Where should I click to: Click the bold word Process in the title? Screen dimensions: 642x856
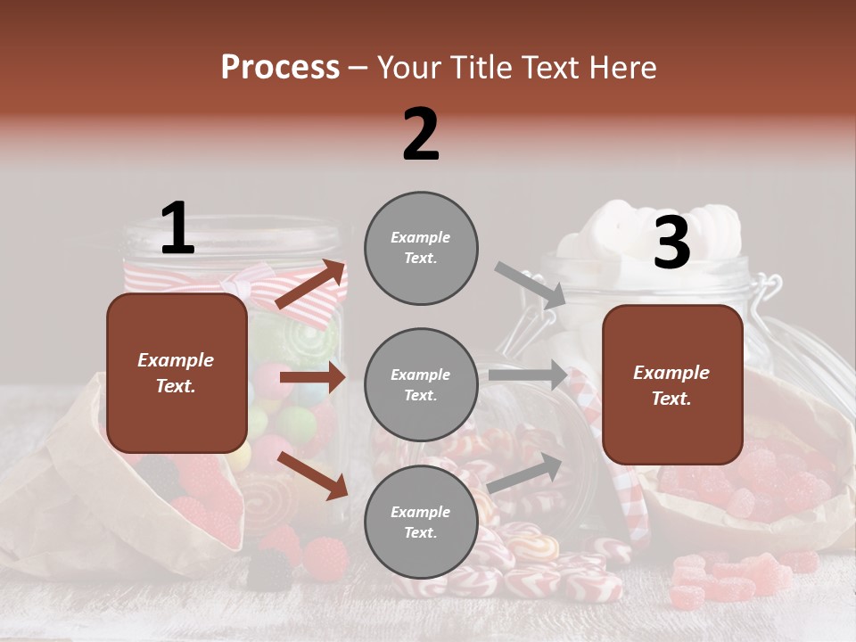280,68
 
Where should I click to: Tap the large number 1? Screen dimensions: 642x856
177,228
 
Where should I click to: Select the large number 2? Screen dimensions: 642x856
421,134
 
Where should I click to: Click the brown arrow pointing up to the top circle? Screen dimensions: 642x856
311,284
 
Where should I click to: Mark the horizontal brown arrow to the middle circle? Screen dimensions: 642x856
312,377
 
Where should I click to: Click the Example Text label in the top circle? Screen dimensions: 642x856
421,248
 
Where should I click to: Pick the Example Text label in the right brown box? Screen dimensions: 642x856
671,385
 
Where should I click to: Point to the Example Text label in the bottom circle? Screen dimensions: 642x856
421,523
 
